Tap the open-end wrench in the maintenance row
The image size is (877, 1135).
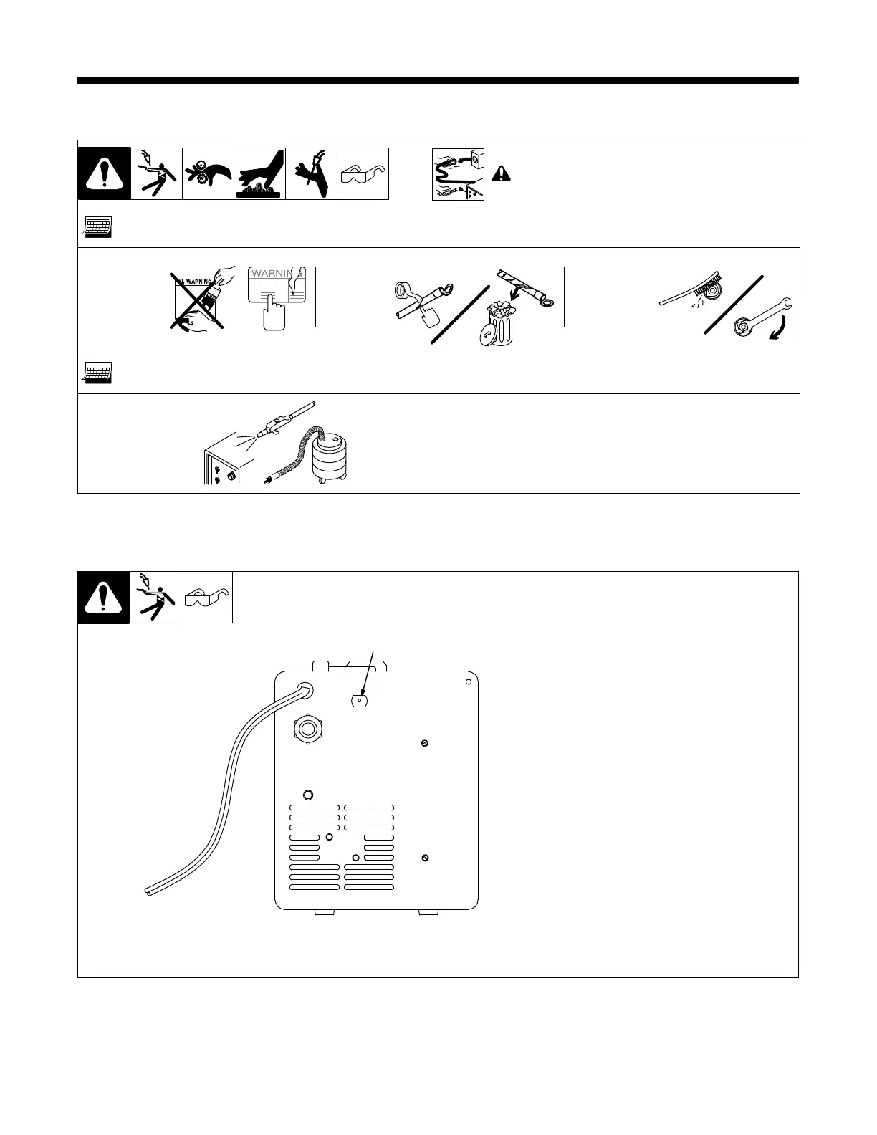click(765, 316)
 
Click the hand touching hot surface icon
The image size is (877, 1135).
click(260, 173)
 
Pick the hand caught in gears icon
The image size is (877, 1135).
click(208, 173)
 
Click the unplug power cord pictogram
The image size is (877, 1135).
click(457, 174)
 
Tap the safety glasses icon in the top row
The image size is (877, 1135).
click(363, 174)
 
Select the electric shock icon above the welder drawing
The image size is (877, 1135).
click(155, 598)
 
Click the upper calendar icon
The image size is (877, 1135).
click(96, 228)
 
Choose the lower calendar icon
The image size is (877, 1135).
click(96, 373)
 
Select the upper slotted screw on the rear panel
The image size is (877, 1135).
click(426, 742)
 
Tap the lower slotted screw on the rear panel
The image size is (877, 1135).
click(426, 857)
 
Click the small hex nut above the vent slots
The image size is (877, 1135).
click(309, 794)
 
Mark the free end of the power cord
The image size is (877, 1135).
click(144, 891)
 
